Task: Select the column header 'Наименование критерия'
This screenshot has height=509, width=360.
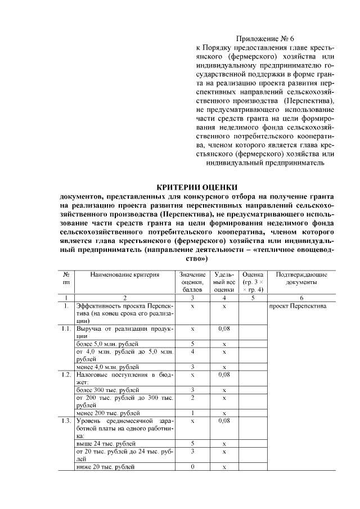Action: [125, 274]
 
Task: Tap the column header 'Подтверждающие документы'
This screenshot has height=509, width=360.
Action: [301, 278]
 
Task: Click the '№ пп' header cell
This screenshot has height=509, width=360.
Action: [66, 278]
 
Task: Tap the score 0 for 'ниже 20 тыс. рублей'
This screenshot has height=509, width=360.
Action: [192, 467]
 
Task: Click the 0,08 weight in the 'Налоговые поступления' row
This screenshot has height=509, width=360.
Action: [224, 374]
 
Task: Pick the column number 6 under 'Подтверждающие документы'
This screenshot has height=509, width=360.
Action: [301, 298]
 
